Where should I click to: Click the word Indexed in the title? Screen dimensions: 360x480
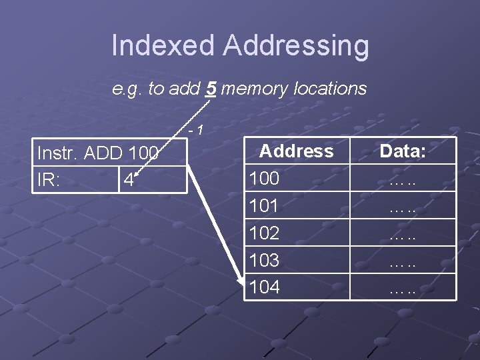click(x=163, y=46)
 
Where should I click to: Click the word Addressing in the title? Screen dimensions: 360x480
click(x=295, y=46)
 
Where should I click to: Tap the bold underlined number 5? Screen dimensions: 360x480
click(x=210, y=89)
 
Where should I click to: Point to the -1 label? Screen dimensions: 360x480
click(x=195, y=130)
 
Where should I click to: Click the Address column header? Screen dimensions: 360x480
click(x=296, y=151)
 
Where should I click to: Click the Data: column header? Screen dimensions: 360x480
click(x=403, y=151)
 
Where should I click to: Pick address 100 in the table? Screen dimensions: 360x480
click(x=264, y=179)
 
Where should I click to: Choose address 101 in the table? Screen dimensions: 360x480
click(x=264, y=206)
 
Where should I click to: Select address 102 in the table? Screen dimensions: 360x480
click(x=264, y=233)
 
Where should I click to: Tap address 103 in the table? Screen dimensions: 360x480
click(x=264, y=260)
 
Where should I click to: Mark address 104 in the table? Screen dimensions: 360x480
click(x=264, y=287)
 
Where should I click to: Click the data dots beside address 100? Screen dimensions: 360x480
click(x=403, y=181)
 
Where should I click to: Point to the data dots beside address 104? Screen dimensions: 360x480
click(x=403, y=290)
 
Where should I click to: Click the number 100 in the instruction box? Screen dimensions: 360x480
click(x=143, y=154)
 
